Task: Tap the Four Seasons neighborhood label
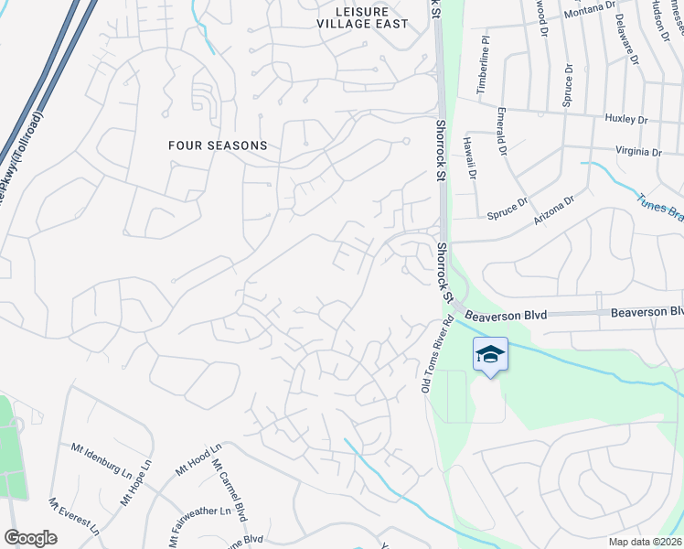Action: coord(218,145)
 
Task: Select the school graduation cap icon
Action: coord(490,355)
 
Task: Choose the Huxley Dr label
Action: coord(626,119)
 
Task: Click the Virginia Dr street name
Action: coord(639,151)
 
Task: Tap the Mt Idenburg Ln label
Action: coord(102,459)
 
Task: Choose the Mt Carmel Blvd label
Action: coord(230,490)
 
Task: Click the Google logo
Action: coord(30,538)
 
